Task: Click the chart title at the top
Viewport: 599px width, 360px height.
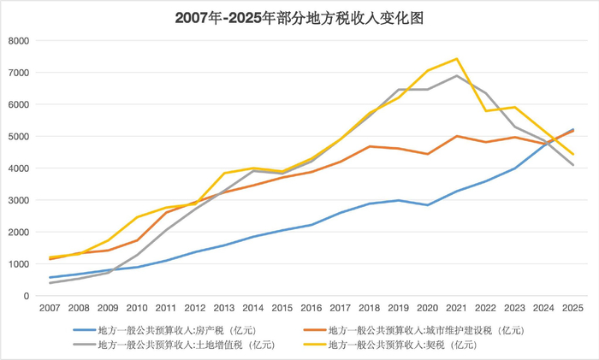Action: (299, 18)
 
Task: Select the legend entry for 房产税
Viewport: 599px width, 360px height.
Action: (164, 330)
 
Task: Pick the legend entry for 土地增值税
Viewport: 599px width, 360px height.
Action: (174, 345)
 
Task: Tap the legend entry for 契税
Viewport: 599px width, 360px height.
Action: (390, 345)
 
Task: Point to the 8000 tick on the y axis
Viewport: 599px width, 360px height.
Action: (18, 40)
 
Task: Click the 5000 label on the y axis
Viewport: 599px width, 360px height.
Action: (18, 136)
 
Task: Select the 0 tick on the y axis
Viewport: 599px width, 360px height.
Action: (27, 296)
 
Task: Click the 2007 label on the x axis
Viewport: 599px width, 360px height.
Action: (50, 308)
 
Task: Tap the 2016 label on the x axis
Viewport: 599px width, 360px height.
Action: (311, 308)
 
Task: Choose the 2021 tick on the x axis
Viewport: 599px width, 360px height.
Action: (456, 308)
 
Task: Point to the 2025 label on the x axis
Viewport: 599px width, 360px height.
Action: (572, 308)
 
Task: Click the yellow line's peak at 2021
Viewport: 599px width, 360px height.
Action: (456, 59)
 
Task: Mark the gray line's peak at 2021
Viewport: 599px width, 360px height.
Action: (456, 75)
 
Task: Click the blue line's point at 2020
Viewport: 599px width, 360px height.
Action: (428, 205)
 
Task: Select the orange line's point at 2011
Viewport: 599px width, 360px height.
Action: (166, 212)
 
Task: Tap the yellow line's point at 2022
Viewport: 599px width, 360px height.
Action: (485, 110)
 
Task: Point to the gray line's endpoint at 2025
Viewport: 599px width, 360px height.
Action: (573, 165)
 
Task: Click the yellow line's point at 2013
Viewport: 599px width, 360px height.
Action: (224, 173)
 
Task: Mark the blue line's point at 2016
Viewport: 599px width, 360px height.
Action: (311, 225)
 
